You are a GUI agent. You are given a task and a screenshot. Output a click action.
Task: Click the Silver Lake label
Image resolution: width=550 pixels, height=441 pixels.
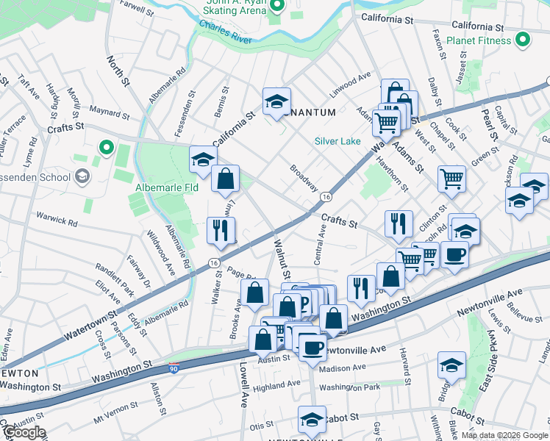pos(337,140)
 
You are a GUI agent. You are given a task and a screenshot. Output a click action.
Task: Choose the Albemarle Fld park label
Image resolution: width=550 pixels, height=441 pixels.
pos(167,188)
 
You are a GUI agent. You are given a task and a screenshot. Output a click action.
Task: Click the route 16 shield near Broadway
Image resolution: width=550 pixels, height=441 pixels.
pos(325,197)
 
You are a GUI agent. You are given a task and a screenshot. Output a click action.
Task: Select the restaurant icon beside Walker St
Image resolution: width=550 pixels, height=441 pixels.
pos(221,230)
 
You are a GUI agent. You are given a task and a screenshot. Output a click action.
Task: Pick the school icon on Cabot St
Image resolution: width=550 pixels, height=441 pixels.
pos(312,419)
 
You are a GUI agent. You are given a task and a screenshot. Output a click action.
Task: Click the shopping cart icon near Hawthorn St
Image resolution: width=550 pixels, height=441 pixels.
pos(451,177)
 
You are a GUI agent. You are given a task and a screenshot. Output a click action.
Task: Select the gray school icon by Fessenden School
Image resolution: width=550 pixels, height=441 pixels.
pos(82,176)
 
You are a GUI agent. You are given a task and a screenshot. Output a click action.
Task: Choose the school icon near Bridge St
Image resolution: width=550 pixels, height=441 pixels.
pos(451,365)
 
